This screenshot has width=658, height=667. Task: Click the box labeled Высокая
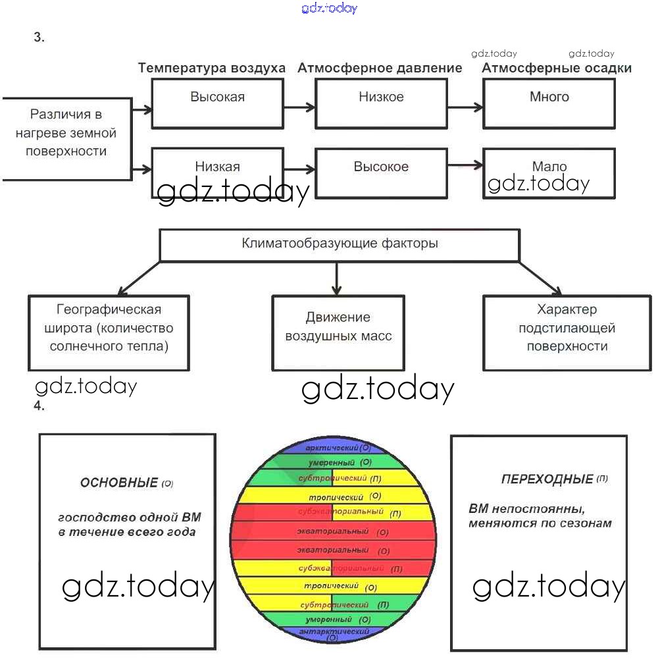point(218,103)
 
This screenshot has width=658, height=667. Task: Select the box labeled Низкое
point(381,103)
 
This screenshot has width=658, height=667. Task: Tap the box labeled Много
point(549,103)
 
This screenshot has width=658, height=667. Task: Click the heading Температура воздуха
point(212,68)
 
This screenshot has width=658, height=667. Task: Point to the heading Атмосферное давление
point(380,68)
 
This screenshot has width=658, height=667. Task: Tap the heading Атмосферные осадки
point(557,68)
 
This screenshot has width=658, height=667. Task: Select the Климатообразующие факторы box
point(340,244)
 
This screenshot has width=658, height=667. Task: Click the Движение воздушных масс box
point(338,332)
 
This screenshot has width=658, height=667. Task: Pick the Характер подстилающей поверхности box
point(567,332)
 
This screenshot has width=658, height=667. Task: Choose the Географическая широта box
point(109,332)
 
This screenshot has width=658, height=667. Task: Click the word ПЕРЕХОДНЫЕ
point(547,479)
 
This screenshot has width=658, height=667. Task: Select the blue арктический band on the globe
point(336,448)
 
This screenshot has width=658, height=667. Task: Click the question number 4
point(39,406)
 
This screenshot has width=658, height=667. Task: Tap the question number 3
point(39,38)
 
